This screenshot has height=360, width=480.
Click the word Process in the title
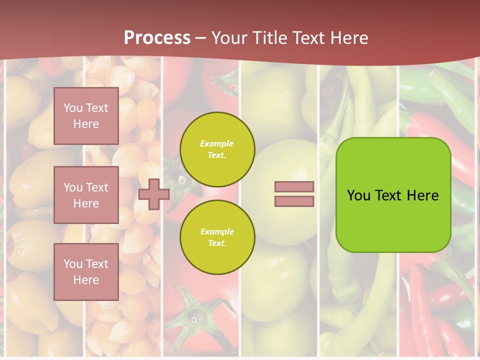[x=157, y=37]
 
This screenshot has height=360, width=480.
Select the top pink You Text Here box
[x=86, y=116]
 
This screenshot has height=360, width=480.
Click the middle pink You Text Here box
[x=86, y=195]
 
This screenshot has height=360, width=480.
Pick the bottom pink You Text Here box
[x=86, y=271]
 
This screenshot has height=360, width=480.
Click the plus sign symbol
[x=153, y=194]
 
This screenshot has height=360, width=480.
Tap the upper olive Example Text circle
[x=217, y=149]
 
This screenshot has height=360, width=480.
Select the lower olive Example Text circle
[x=217, y=237]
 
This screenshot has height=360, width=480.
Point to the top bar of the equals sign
[x=294, y=186]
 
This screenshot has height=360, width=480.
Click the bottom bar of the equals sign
[x=294, y=201]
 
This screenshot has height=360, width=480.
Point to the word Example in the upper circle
[x=217, y=144]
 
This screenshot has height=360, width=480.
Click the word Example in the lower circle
[x=217, y=232]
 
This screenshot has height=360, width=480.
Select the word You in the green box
[x=358, y=195]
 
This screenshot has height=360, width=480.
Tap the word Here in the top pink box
[x=86, y=124]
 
